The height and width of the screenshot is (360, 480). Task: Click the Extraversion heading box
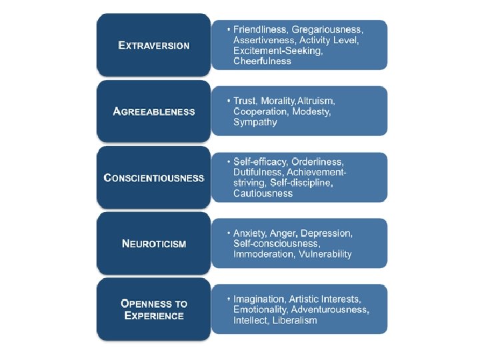click(153, 45)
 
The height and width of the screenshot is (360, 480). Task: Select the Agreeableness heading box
click(153, 111)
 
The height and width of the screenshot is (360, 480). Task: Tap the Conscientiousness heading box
click(153, 178)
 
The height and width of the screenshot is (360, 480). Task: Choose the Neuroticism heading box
click(153, 243)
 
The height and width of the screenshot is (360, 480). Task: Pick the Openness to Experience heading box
click(153, 309)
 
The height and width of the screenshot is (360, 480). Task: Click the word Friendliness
click(261, 30)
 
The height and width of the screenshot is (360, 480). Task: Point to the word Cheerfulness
click(262, 61)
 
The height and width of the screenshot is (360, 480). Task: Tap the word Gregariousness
click(329, 30)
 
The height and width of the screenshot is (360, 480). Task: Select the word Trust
click(245, 101)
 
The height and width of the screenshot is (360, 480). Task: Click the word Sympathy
click(255, 122)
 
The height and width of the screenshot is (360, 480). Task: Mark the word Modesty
click(309, 111)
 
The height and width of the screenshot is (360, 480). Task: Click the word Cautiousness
click(263, 193)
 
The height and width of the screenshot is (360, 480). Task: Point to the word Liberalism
click(295, 320)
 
